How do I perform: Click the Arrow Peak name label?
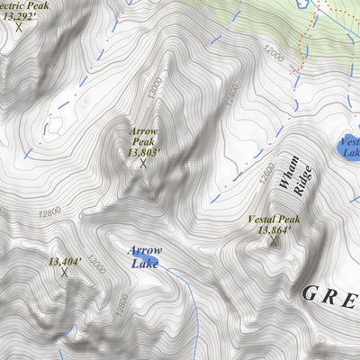[x=143, y=136]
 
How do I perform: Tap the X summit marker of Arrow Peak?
[x=143, y=163]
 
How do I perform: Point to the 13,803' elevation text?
[x=143, y=151]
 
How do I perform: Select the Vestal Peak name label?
[x=274, y=220]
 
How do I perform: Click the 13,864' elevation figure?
[x=274, y=230]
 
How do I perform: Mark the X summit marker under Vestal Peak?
[x=274, y=241]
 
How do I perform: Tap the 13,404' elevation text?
[x=66, y=261]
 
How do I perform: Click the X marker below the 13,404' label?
[x=64, y=271]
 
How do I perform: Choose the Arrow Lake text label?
[x=143, y=256]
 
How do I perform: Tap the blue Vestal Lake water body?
[x=349, y=148]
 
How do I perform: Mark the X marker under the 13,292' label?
[x=18, y=26]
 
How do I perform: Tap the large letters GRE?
[x=329, y=292]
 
